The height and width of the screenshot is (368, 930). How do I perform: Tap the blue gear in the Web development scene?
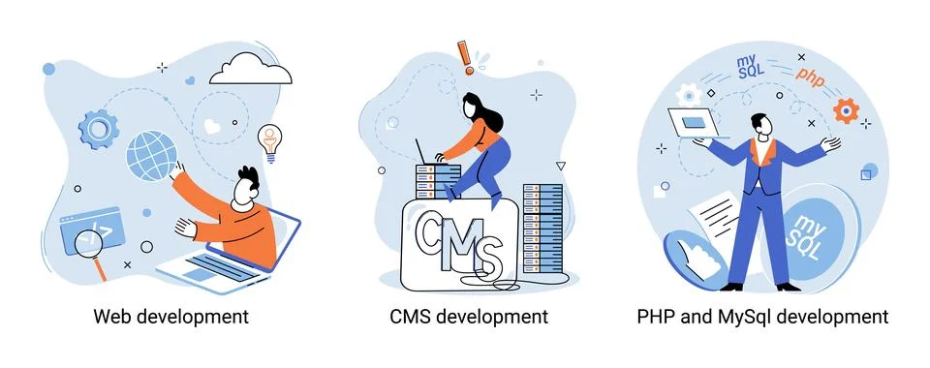pos(98,127)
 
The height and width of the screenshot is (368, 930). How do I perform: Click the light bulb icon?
pos(270,139)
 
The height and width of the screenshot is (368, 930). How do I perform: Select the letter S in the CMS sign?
pos(490,258)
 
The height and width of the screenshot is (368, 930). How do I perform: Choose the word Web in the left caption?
pos(112,317)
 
